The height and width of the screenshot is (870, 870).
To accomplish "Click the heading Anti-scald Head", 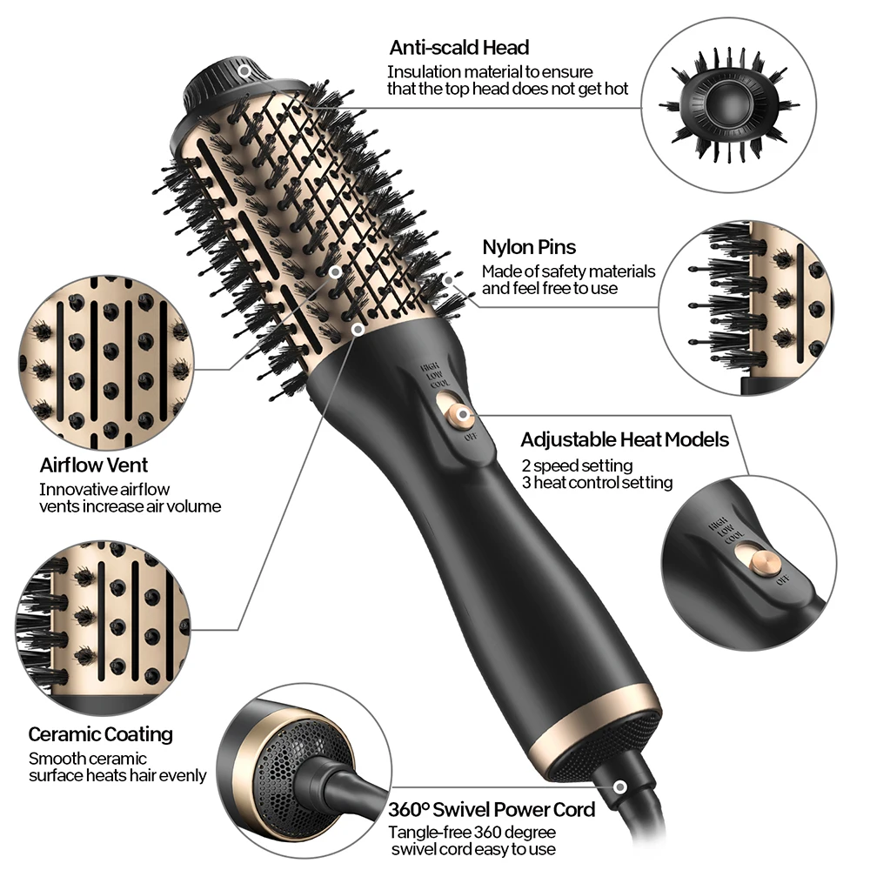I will (458, 47).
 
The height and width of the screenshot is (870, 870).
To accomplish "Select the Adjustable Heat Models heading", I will (625, 439).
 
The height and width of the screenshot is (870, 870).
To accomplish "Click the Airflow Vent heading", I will (94, 465).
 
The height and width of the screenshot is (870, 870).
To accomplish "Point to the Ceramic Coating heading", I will (100, 734).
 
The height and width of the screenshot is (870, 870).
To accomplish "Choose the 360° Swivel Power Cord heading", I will (492, 809).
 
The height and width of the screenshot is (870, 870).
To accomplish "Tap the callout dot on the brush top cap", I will (245, 70).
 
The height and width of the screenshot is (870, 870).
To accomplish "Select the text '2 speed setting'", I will (577, 465).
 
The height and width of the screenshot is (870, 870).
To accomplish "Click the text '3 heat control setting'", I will (597, 482).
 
